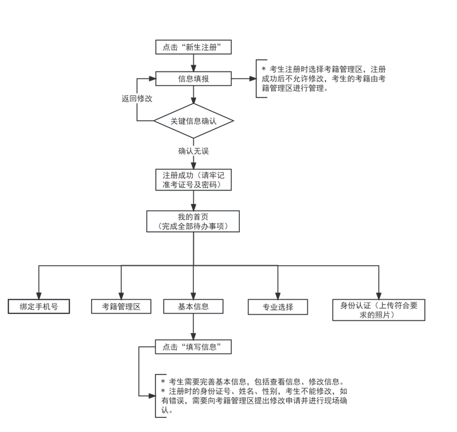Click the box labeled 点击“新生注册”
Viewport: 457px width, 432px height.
[x=193, y=47]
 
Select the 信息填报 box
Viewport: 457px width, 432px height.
[x=193, y=79]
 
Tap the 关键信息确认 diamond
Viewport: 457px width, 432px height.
[x=193, y=120]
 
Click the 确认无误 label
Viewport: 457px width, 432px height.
[x=193, y=151]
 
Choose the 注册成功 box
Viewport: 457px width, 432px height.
[x=193, y=179]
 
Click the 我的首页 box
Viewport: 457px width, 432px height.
[x=193, y=221]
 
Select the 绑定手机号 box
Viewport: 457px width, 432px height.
[x=39, y=307]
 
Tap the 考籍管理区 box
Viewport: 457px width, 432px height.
[x=121, y=307]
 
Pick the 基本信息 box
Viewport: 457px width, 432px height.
[x=193, y=307]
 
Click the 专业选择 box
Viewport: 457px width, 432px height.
[x=278, y=307]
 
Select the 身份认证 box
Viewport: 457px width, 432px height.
[x=379, y=310]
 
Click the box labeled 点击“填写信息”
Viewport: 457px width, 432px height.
[x=193, y=347]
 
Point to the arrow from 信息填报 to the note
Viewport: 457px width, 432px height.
[x=243, y=79]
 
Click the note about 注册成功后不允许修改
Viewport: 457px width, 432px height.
[x=324, y=79]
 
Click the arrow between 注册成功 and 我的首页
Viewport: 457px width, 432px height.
[x=193, y=200]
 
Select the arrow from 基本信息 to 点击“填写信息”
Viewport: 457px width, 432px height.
[x=193, y=326]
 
